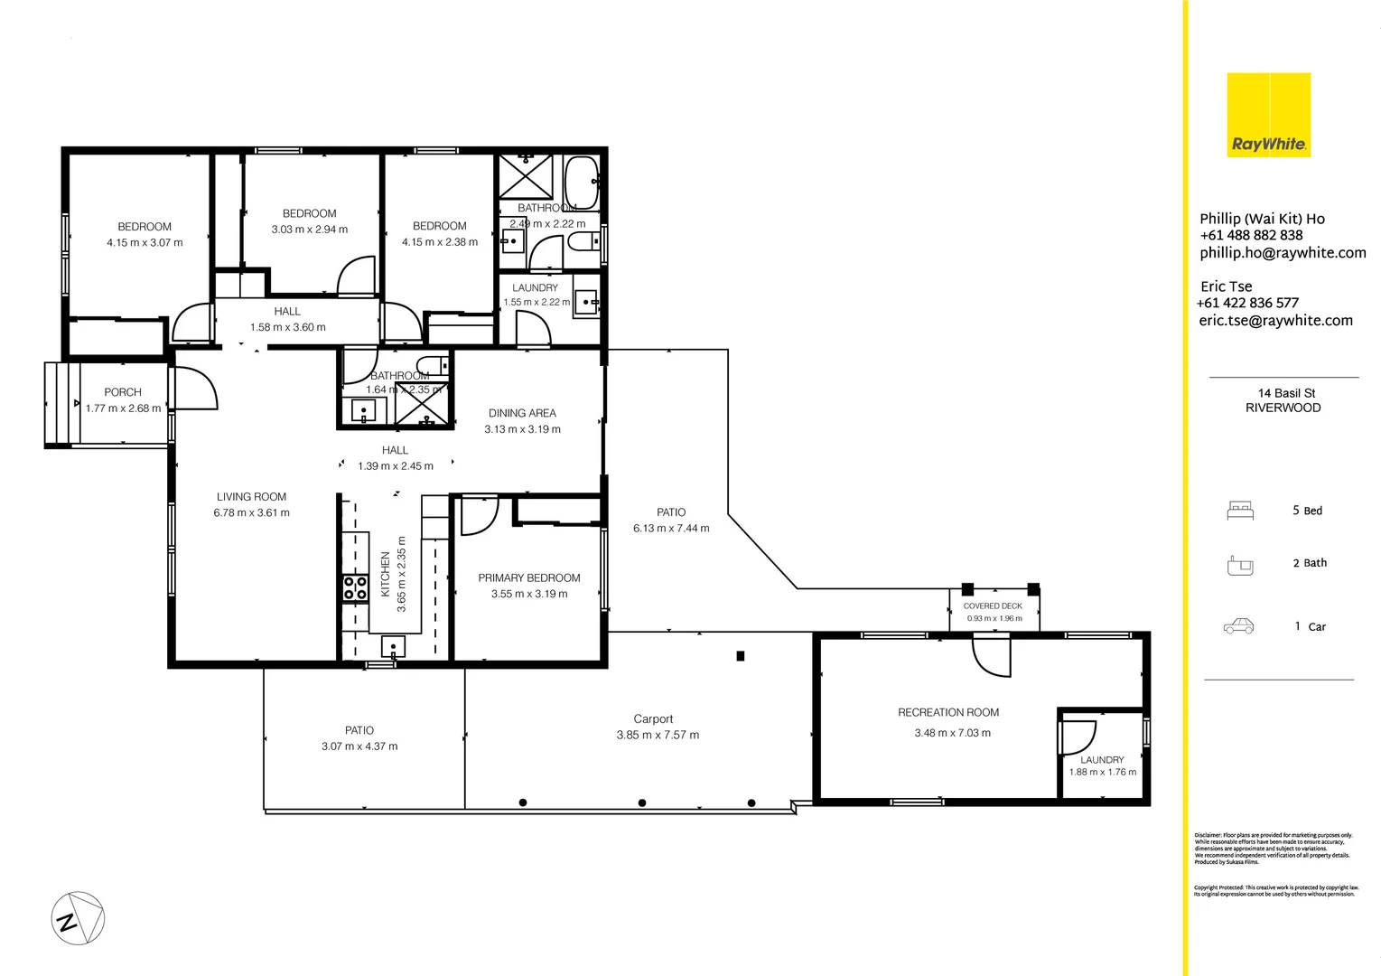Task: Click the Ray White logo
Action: point(1268,115)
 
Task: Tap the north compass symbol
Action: point(78,918)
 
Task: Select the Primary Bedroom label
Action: point(529,578)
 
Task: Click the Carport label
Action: point(653,719)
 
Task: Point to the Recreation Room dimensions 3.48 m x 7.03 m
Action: point(952,733)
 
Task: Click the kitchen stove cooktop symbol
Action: point(355,588)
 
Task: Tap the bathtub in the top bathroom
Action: point(581,183)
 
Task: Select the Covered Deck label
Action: point(993,606)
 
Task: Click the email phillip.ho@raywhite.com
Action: point(1283,253)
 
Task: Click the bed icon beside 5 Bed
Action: point(1240,511)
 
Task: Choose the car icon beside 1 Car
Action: point(1238,626)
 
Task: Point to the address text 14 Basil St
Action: point(1286,393)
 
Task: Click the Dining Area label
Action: point(522,413)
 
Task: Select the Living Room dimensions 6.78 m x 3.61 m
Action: point(251,512)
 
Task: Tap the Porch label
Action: point(123,392)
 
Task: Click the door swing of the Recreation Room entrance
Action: point(993,656)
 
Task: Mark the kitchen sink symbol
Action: point(393,646)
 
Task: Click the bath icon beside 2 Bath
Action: point(1240,565)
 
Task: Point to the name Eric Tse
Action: point(1226,286)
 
